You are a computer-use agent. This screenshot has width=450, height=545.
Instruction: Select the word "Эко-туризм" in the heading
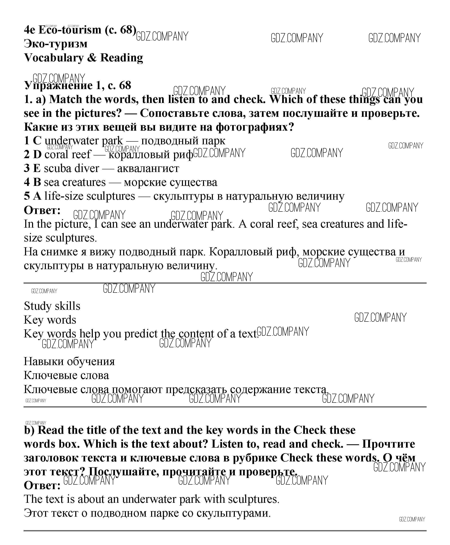[56, 44]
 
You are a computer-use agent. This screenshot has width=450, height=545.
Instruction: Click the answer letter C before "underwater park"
[37, 141]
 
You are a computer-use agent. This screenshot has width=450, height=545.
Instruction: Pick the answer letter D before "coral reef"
[37, 154]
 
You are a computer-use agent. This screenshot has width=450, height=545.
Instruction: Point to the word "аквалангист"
[148, 169]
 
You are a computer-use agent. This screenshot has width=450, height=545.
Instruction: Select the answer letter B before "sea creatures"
[37, 182]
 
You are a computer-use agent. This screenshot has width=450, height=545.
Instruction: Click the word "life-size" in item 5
[64, 196]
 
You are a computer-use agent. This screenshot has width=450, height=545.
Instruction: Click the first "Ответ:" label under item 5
[42, 210]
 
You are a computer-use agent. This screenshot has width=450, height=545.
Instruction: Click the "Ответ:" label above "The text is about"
[42, 485]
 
